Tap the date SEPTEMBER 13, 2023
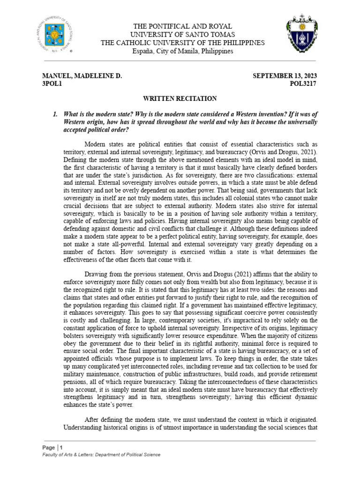[x=285, y=76]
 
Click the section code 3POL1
[x=52, y=84]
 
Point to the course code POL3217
[x=303, y=84]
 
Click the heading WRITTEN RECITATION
[x=180, y=98]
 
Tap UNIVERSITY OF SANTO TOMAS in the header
[x=183, y=35]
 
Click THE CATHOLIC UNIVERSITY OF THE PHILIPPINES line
[x=183, y=43]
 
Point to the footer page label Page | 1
[x=52, y=447]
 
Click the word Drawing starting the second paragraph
[x=96, y=274]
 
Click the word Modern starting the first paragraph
[x=96, y=144]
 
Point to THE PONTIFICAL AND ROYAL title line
[x=183, y=27]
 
